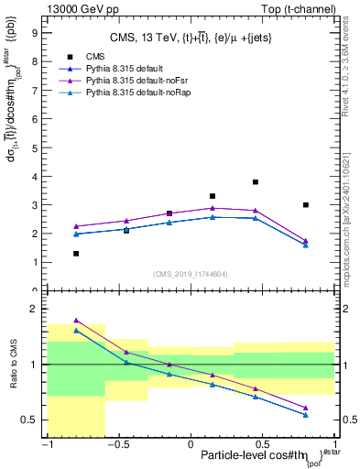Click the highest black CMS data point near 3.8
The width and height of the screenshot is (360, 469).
pos(255,182)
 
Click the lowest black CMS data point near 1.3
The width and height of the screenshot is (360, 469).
pos(76,254)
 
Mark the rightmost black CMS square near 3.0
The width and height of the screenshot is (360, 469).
pos(305,205)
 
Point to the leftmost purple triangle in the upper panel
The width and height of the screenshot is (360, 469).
pos(76,226)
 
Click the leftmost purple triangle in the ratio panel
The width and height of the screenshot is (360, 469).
pos(76,321)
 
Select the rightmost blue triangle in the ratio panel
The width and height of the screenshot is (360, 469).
pos(305,415)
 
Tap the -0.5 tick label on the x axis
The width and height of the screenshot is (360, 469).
pos(118,445)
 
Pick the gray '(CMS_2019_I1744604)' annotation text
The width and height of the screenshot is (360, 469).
pos(190,274)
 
